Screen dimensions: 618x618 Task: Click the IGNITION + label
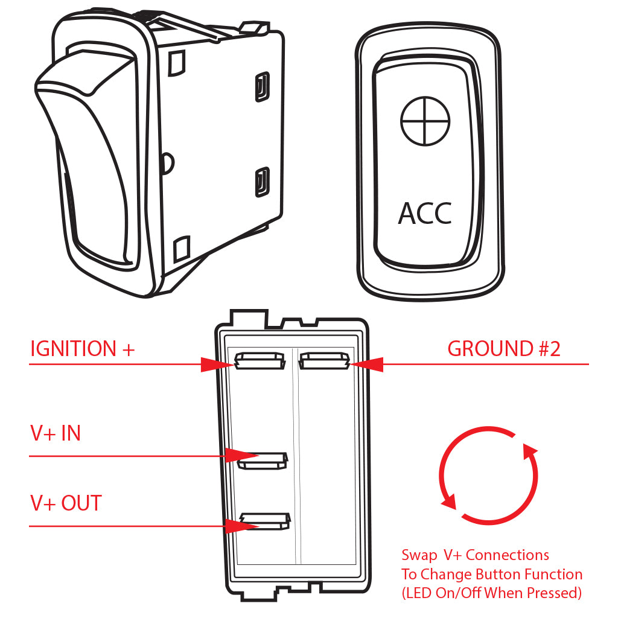82,349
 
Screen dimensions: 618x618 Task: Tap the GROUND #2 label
504,349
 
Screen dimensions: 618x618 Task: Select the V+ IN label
56,433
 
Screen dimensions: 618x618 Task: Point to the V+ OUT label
66,503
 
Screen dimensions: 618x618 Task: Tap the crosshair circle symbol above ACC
425,121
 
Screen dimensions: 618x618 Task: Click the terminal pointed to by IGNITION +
260,361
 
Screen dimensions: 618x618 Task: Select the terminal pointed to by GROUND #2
324,361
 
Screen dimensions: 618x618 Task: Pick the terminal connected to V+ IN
263,461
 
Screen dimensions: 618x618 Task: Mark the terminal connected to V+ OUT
266,521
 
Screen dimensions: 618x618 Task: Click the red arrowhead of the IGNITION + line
217,364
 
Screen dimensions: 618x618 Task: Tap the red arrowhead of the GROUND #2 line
367,364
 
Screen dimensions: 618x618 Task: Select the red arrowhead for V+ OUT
243,526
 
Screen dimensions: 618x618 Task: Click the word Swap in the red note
419,556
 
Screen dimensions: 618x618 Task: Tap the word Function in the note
553,575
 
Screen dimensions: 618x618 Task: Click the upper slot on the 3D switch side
262,87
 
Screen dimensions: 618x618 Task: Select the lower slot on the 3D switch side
262,182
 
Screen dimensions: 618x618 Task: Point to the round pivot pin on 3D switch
168,162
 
